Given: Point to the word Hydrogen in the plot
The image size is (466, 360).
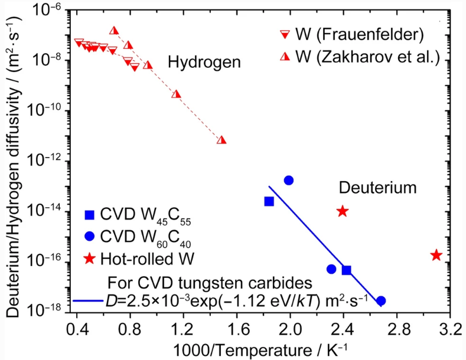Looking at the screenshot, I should tap(204, 62).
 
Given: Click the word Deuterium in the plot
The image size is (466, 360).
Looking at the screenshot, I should tap(377, 188).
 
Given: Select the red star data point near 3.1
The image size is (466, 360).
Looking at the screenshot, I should tap(436, 255).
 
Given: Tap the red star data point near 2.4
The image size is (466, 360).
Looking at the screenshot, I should tap(342, 211).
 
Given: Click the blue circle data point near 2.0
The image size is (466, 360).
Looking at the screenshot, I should tap(289, 180).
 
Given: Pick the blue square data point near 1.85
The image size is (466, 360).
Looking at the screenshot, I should tap(269, 201).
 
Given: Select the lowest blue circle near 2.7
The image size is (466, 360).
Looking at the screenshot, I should tap(381, 300).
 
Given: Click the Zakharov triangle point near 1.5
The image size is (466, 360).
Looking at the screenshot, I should tap(221, 140).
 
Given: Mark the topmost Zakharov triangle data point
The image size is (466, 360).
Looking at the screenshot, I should tap(114, 31).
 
